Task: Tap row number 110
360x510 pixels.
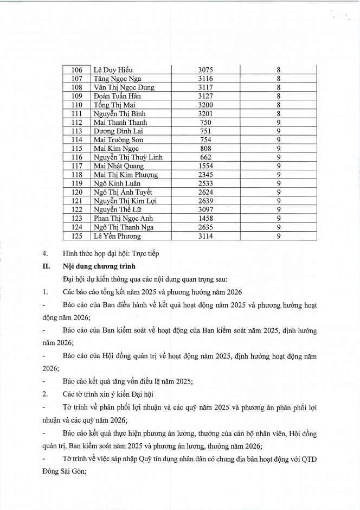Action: [x=76, y=105]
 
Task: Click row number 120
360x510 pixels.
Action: [x=76, y=192]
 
